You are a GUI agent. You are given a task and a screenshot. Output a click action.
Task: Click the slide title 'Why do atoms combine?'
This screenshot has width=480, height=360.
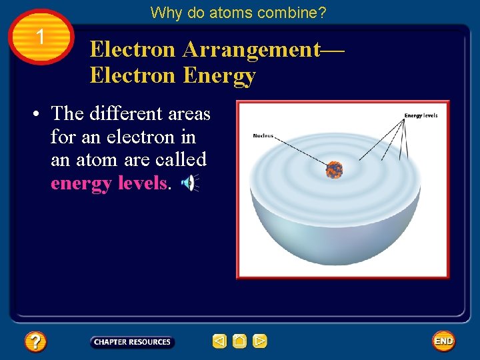[238, 12]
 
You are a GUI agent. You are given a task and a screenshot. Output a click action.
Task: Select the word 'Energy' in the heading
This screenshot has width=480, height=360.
[219, 76]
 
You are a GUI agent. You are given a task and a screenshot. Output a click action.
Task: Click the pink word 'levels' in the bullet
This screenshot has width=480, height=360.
[142, 183]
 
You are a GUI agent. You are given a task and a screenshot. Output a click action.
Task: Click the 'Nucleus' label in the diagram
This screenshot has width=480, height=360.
[263, 136]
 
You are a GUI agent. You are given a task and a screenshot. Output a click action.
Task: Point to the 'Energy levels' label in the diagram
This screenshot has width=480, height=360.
[421, 116]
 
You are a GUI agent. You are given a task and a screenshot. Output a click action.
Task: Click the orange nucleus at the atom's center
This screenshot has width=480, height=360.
[334, 169]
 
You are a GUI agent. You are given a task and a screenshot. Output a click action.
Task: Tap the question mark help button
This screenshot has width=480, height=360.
[35, 342]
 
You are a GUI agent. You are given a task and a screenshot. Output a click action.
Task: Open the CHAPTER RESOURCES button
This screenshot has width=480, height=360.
[132, 342]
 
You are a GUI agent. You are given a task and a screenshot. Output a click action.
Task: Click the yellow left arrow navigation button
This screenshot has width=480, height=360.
[219, 342]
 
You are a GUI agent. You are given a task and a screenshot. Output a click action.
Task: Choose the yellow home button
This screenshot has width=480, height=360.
[240, 342]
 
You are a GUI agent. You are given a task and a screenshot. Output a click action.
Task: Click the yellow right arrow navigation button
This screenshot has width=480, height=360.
[260, 342]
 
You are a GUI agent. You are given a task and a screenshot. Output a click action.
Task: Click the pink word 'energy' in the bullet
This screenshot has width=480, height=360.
[81, 183]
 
